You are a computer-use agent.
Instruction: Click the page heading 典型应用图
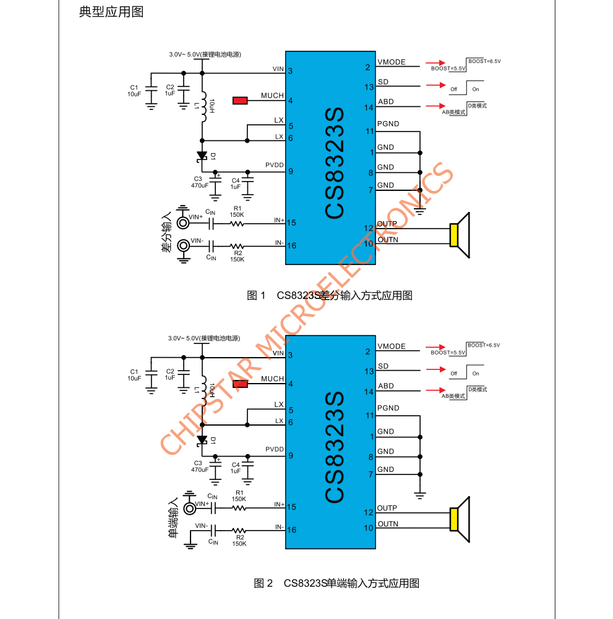111,12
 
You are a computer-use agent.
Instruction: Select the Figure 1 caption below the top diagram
329,295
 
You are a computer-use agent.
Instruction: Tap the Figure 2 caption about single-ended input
337,583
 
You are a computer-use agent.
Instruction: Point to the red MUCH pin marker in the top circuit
240,100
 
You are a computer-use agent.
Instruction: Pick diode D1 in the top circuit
202,157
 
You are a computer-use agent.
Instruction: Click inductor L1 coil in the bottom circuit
202,389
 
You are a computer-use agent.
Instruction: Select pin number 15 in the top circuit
292,223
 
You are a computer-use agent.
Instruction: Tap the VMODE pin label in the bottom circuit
391,347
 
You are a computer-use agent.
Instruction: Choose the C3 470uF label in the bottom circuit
199,466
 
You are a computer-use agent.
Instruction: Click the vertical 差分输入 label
166,233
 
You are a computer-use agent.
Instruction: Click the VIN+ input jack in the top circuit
183,223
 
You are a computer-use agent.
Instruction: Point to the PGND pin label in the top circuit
388,124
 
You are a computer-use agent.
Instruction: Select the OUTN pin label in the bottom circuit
387,524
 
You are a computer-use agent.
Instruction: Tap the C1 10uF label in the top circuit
134,91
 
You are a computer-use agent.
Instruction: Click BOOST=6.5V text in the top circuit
484,61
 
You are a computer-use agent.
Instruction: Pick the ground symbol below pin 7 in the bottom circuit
420,495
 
